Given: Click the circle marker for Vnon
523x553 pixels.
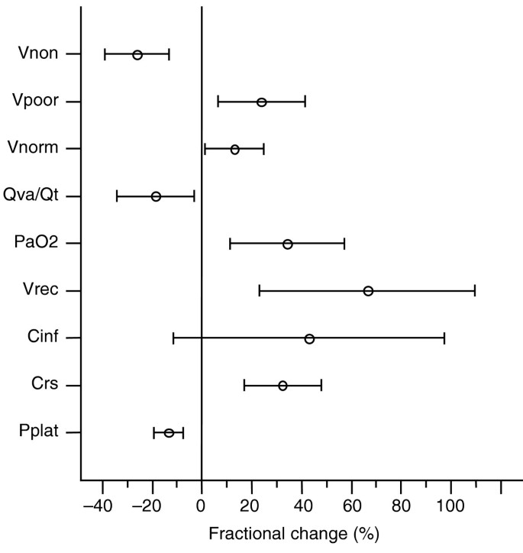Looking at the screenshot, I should click(x=137, y=54).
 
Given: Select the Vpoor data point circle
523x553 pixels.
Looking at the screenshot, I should click(x=261, y=102).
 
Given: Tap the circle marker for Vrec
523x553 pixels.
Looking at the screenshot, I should click(x=368, y=291).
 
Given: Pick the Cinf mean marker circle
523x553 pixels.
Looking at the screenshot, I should click(x=309, y=338).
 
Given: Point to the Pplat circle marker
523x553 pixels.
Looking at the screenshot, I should click(x=169, y=433).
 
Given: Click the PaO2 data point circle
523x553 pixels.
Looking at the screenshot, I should click(x=287, y=244).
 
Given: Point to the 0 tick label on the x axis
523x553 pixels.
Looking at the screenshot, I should click(x=202, y=505).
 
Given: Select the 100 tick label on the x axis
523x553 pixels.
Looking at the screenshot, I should click(x=450, y=505).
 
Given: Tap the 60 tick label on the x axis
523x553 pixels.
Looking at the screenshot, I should click(x=351, y=505).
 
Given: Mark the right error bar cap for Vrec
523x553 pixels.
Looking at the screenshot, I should click(x=475, y=291).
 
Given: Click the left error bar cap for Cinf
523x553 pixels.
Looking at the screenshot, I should click(x=173, y=338).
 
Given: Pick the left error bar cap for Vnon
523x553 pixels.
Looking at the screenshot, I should click(x=105, y=54).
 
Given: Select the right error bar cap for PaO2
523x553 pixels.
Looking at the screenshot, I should click(x=344, y=244).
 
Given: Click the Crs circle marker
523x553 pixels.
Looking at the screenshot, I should click(x=282, y=386).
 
